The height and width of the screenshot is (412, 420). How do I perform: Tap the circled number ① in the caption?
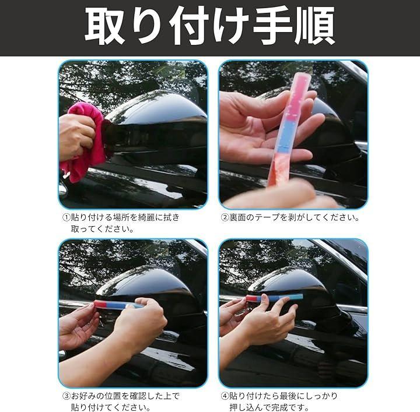[x=66, y=217]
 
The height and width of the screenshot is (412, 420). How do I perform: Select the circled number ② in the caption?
[x=225, y=217]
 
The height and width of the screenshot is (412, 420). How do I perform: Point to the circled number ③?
[x=66, y=396]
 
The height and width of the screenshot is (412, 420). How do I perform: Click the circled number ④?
[x=225, y=396]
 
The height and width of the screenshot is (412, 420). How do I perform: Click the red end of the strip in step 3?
[x=100, y=304]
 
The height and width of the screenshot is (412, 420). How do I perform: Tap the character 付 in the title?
[x=188, y=26]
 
